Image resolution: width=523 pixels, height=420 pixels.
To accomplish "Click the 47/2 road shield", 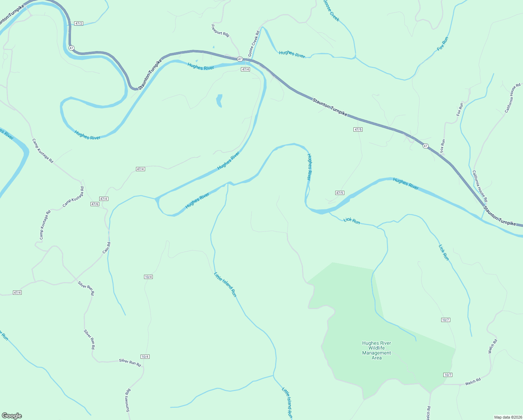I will click(79, 23).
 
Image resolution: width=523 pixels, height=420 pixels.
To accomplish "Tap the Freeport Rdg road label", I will click(220, 30).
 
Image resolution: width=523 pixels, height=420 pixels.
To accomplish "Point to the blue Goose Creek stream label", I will click(331, 10).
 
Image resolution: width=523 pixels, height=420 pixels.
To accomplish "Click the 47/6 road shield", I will click(95, 204).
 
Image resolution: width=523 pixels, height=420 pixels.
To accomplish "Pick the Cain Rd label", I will click(107, 248).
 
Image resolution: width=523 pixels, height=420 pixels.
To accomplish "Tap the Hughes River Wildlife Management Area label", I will click(377, 350).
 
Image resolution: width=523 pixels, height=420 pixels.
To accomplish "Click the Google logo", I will click(12, 416).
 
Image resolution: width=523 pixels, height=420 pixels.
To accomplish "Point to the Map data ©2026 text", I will click(507, 417).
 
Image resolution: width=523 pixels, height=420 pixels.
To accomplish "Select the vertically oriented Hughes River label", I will click(309, 167).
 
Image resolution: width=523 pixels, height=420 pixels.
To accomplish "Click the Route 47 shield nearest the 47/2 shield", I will click(72, 48).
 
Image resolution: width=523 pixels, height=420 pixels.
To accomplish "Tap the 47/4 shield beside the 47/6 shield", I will click(104, 199).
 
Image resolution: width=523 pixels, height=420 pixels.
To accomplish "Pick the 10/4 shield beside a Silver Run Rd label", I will click(145, 357).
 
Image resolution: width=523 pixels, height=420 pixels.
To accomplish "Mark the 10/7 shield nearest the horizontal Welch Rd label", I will click(448, 375).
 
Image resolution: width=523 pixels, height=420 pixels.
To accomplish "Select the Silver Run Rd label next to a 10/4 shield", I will click(130, 362).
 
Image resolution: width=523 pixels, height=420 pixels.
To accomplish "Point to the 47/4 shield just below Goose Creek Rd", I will click(245, 69).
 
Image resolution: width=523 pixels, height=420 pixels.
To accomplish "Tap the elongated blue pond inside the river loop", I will click(219, 100).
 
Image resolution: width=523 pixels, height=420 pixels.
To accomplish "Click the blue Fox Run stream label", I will click(443, 44).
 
